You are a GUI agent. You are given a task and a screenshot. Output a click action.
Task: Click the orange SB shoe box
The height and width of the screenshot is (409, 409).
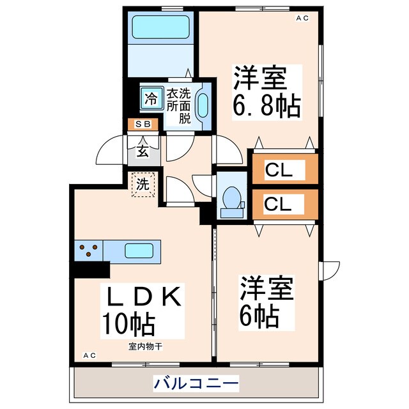(x=143, y=124)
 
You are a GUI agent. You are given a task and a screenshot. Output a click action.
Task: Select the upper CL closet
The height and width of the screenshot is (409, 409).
(x=284, y=169)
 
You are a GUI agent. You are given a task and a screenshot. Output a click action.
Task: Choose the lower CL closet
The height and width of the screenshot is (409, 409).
(x=284, y=205)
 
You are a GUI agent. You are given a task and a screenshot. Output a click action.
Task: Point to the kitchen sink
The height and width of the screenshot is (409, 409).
(x=139, y=251)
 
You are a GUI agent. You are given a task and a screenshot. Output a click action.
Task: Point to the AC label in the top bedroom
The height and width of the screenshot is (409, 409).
(x=302, y=19)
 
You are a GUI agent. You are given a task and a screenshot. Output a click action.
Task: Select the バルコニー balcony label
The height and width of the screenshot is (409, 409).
(x=196, y=383)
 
